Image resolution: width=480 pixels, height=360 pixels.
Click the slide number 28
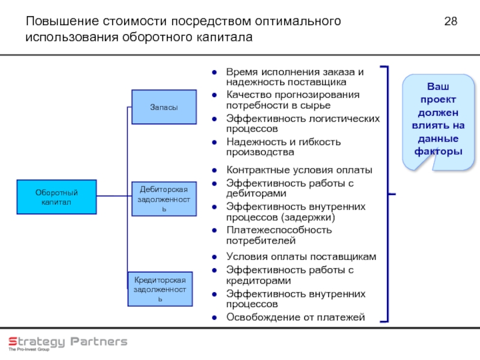451,22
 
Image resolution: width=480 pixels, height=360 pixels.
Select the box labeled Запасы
164,107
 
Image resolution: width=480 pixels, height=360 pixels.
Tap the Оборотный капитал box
56,197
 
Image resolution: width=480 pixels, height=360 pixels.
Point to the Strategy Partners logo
67,343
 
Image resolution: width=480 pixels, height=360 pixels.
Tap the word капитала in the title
226,38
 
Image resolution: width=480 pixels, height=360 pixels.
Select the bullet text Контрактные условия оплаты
299,170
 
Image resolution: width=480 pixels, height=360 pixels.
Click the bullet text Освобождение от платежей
295,317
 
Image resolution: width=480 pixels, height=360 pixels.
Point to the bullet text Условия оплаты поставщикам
301,257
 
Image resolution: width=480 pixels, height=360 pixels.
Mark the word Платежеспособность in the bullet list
278,230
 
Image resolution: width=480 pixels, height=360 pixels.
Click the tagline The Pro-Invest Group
29,349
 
